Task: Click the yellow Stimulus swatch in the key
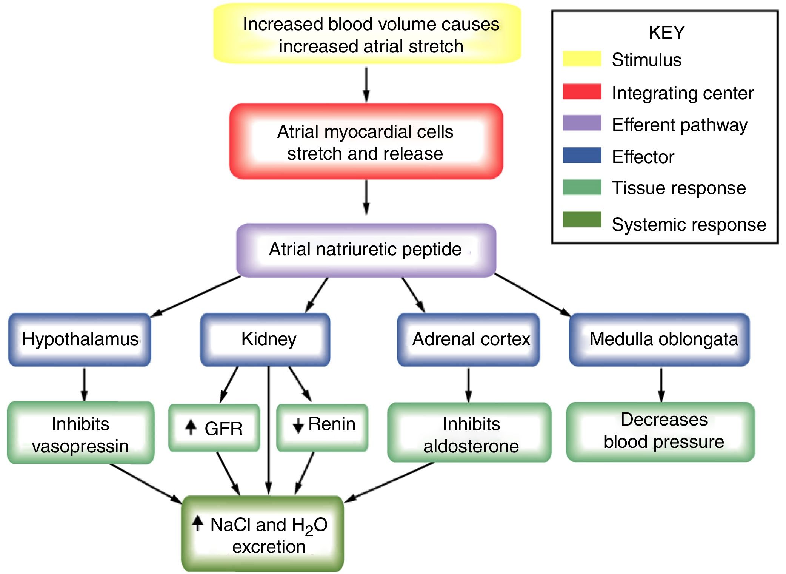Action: coord(581,59)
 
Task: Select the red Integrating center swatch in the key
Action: coord(581,92)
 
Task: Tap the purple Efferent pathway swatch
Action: coord(581,123)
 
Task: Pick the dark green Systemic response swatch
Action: coord(581,219)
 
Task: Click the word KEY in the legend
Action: coord(666,32)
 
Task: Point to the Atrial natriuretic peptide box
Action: coord(366,250)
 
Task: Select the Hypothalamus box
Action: coord(80,339)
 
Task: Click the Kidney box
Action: coord(268,339)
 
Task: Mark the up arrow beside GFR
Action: coord(191,427)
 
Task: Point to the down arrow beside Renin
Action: coord(298,426)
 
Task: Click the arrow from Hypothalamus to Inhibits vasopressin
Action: coord(84,384)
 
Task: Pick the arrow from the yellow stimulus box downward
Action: coord(366,85)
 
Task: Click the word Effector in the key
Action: coord(643,157)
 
